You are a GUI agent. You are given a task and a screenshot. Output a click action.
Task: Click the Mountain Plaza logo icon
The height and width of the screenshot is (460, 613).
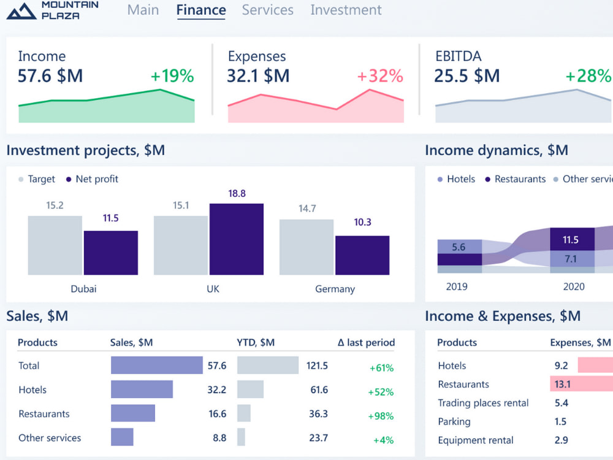click(x=21, y=10)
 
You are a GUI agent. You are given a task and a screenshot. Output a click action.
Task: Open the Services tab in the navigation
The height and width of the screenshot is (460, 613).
click(x=267, y=10)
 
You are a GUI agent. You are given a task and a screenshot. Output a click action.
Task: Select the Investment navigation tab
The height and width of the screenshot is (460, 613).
click(x=346, y=10)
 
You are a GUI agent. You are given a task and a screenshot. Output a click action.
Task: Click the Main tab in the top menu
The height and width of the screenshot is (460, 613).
click(x=143, y=10)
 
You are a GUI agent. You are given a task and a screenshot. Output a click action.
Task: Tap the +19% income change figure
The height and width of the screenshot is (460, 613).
click(x=172, y=76)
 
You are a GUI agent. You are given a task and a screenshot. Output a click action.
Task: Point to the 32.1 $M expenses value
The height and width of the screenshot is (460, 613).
click(x=258, y=76)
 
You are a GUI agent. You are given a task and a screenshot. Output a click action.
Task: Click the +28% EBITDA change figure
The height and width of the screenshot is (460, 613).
click(x=588, y=76)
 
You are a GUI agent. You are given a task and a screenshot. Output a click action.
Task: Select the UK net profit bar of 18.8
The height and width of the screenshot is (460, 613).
click(x=236, y=239)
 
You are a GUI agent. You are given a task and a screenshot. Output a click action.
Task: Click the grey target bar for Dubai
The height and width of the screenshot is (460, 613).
click(x=55, y=245)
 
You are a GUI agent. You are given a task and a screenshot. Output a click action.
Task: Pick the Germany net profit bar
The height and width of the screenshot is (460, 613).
click(x=362, y=255)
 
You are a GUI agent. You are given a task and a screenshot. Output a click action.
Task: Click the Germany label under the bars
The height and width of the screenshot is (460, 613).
click(x=335, y=289)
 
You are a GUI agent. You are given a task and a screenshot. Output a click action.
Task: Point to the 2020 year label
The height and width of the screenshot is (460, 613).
click(x=573, y=286)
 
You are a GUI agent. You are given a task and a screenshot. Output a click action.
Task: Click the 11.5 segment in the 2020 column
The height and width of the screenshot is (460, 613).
click(x=571, y=240)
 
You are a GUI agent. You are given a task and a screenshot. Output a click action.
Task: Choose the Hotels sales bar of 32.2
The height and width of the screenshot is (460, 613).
click(x=142, y=389)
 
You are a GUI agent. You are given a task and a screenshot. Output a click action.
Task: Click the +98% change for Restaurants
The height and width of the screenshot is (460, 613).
click(x=381, y=416)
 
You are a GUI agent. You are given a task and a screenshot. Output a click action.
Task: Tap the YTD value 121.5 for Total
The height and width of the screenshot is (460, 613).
click(x=317, y=366)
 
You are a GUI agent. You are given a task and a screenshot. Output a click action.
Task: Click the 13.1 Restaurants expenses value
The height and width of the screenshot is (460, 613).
click(x=562, y=385)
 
